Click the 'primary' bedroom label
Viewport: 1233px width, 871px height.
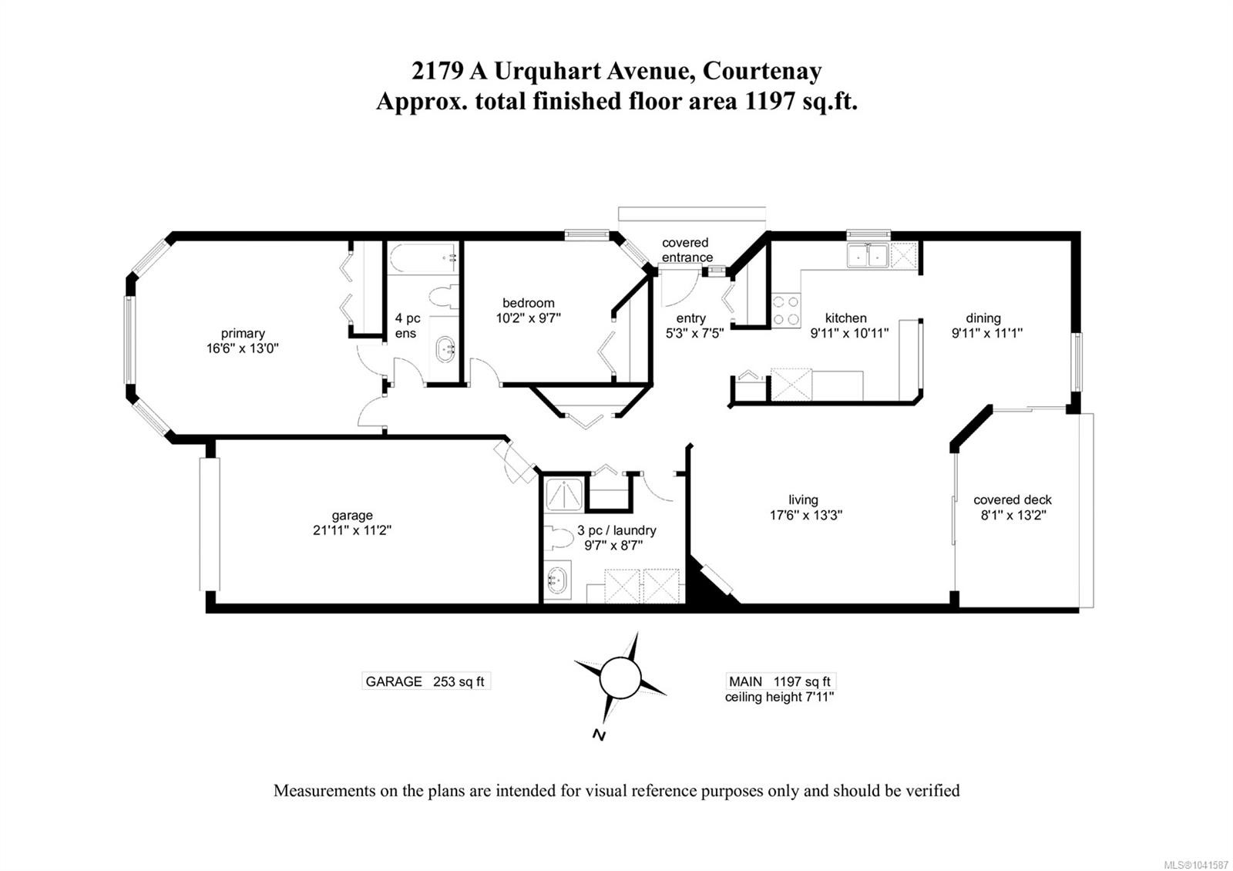243,333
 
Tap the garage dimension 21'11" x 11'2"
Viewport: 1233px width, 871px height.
352,530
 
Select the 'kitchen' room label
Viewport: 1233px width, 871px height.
846,318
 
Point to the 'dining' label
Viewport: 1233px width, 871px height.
983,318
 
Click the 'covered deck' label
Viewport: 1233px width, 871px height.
1013,500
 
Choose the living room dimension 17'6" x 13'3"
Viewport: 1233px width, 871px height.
806,515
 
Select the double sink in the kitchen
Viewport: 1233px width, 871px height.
868,255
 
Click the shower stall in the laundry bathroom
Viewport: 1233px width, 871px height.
563,494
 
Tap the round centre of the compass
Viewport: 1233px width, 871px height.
620,678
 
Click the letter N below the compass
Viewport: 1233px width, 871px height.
599,735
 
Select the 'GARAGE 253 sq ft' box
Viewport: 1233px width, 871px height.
425,681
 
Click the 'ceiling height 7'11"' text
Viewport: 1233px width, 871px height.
779,697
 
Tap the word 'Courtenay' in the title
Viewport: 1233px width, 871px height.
762,71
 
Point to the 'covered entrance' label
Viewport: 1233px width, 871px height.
687,250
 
